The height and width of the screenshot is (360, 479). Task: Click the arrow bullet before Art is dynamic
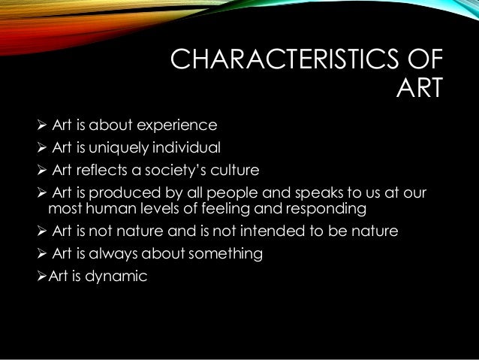pos(43,276)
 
